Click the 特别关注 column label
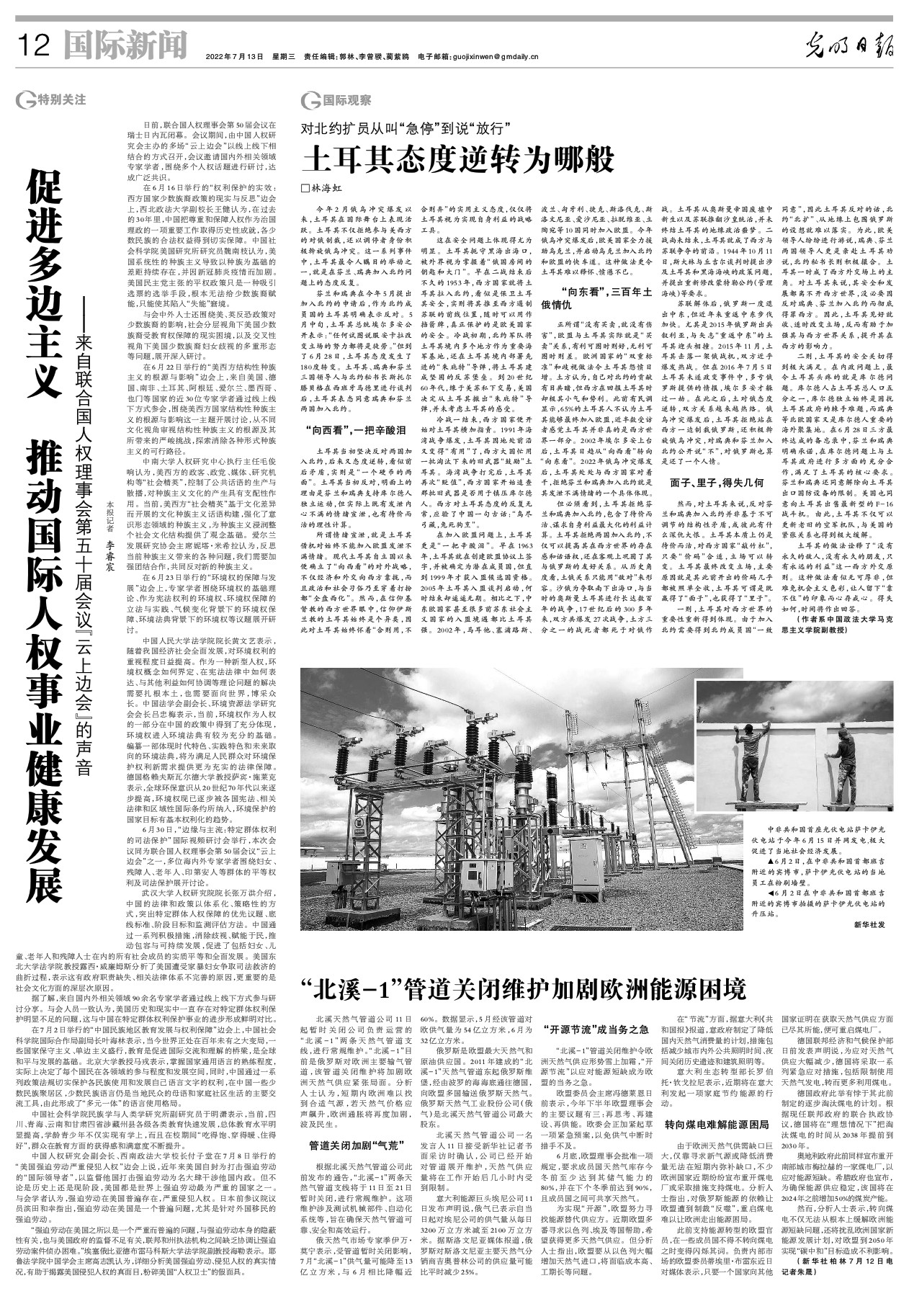pyautogui.click(x=57, y=100)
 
